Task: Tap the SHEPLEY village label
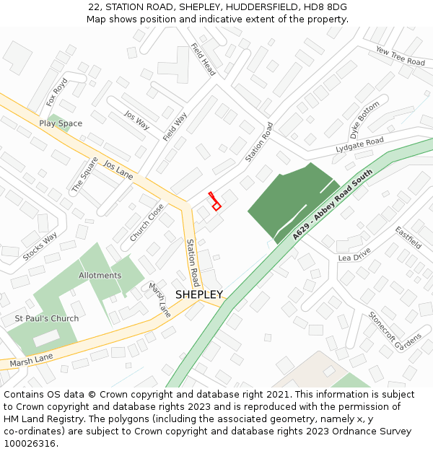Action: point(198,294)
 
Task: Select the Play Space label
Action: point(61,123)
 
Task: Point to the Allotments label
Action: point(100,276)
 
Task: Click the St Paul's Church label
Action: point(47,318)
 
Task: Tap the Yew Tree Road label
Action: point(401,57)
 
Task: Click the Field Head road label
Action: point(204,59)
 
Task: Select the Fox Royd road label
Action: point(56,92)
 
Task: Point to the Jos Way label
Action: point(136,120)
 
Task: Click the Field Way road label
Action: point(175,126)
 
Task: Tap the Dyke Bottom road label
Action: point(364,121)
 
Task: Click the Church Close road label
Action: point(147,222)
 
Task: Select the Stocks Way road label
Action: point(40,247)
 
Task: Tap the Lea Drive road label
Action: point(354,254)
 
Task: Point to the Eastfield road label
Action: point(408,237)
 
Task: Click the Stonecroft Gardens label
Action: point(395,330)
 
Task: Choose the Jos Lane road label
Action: point(119,170)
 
